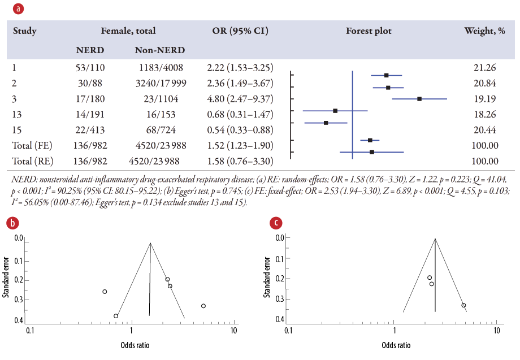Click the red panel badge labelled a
pyautogui.click(x=19, y=9)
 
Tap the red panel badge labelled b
pyautogui.click(x=13, y=223)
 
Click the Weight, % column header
pyautogui.click(x=484, y=31)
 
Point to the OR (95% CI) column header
pyautogui.click(x=241, y=31)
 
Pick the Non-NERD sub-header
pyautogui.click(x=160, y=50)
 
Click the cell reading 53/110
pyautogui.click(x=90, y=68)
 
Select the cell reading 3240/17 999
pyautogui.click(x=159, y=84)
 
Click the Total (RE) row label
pyautogui.click(x=33, y=161)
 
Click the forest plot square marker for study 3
pyautogui.click(x=419, y=99)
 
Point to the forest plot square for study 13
pyautogui.click(x=335, y=111)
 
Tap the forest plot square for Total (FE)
pyautogui.click(x=370, y=140)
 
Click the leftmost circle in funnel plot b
pyautogui.click(x=105, y=292)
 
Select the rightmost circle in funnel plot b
pyautogui.click(x=203, y=306)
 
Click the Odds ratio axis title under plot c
pyautogui.click(x=396, y=345)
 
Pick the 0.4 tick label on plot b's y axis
pyautogui.click(x=19, y=320)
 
